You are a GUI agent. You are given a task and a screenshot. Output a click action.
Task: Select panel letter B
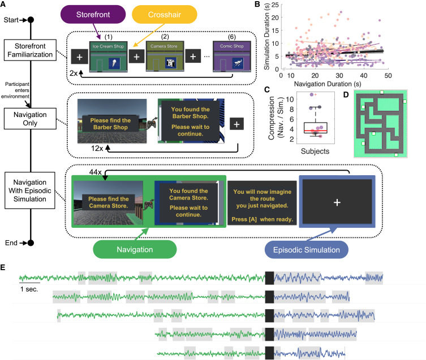click(x=273, y=5)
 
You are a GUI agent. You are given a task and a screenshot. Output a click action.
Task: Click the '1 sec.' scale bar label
click(x=29, y=288)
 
